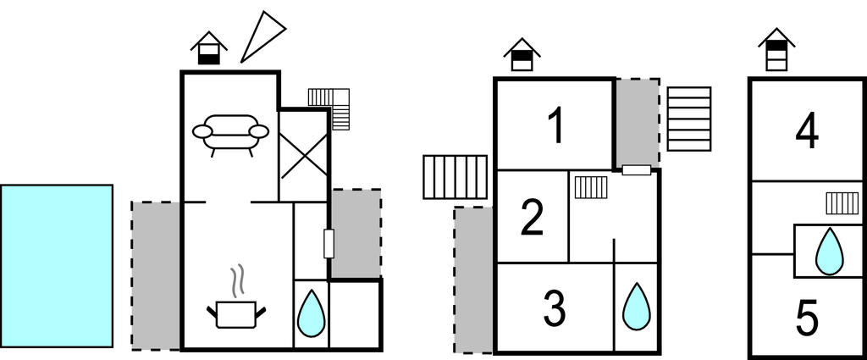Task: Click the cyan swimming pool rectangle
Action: tap(57, 266)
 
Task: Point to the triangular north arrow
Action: tap(262, 36)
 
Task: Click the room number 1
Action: tap(555, 126)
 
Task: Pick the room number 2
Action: tap(533, 218)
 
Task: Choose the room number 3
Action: tap(554, 308)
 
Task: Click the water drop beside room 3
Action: tap(637, 307)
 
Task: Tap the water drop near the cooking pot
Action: tap(312, 313)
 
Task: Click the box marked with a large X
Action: tap(303, 156)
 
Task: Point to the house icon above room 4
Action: tap(776, 49)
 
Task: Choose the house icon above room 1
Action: tap(522, 54)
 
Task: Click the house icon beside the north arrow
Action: tap(208, 48)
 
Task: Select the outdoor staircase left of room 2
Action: tap(455, 177)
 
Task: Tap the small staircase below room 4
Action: tap(842, 203)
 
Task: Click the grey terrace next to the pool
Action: tap(157, 275)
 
